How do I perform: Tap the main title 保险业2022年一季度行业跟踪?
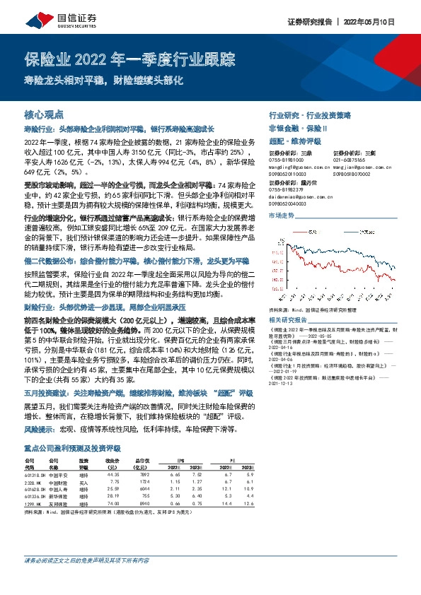134,59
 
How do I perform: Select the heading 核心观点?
44,114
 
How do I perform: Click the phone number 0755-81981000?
286,160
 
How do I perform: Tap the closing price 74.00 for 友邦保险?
110,504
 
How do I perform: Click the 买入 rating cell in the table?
83,483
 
